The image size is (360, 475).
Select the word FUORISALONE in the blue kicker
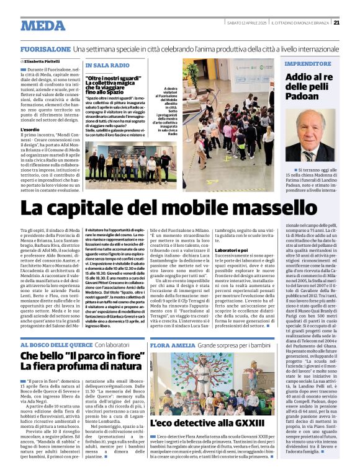pos(45,48)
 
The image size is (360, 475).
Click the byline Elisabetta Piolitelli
pos(45,62)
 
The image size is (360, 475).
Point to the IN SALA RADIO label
pos(107,65)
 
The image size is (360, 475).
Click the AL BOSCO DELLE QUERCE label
pos(57,344)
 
